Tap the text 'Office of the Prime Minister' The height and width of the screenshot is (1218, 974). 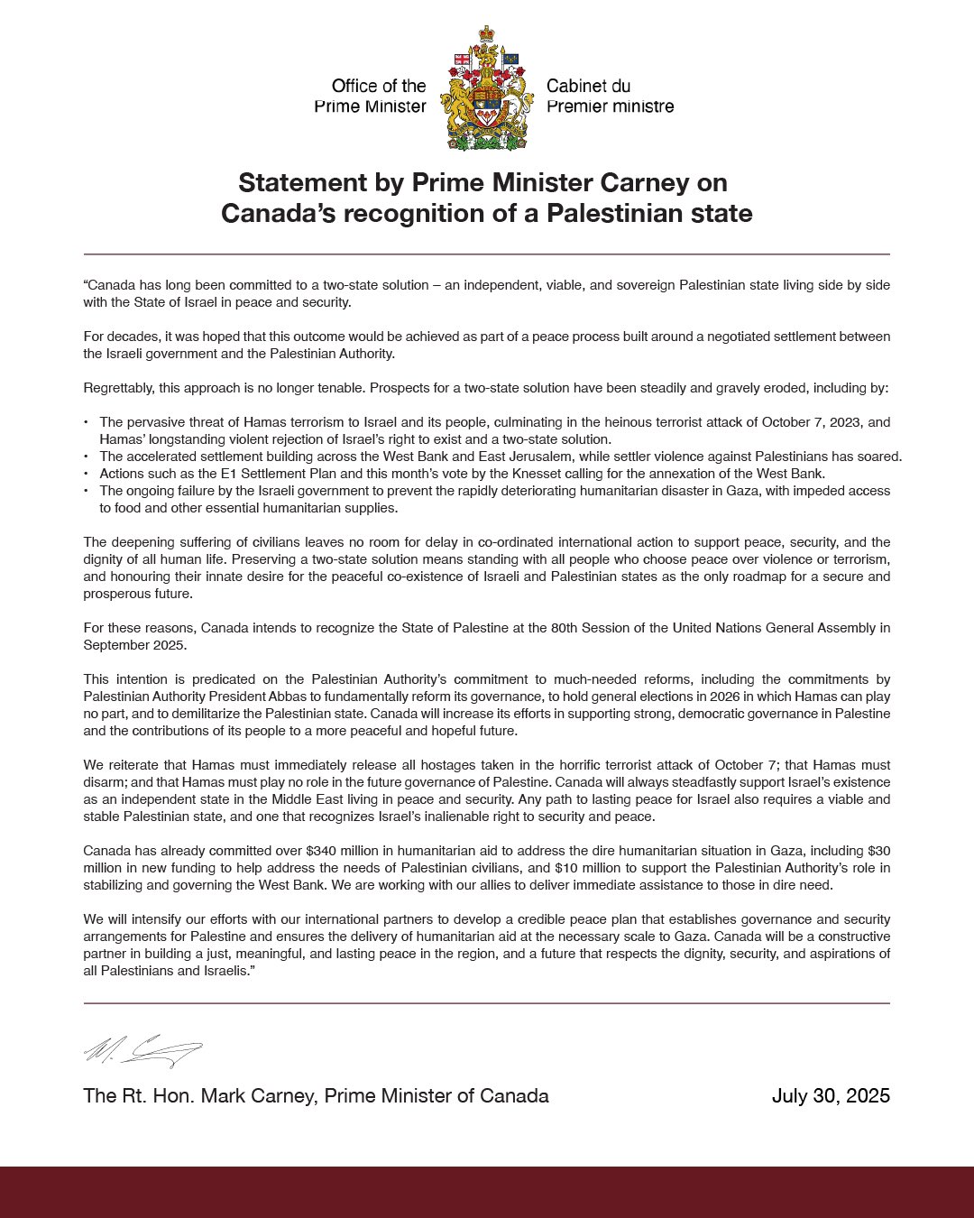tap(371, 97)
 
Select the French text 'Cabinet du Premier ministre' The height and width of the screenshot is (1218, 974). tap(610, 97)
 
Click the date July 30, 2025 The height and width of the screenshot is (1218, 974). tap(831, 1096)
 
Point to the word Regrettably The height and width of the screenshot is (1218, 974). tap(119, 389)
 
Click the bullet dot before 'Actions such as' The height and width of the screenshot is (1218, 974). tap(87, 474)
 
